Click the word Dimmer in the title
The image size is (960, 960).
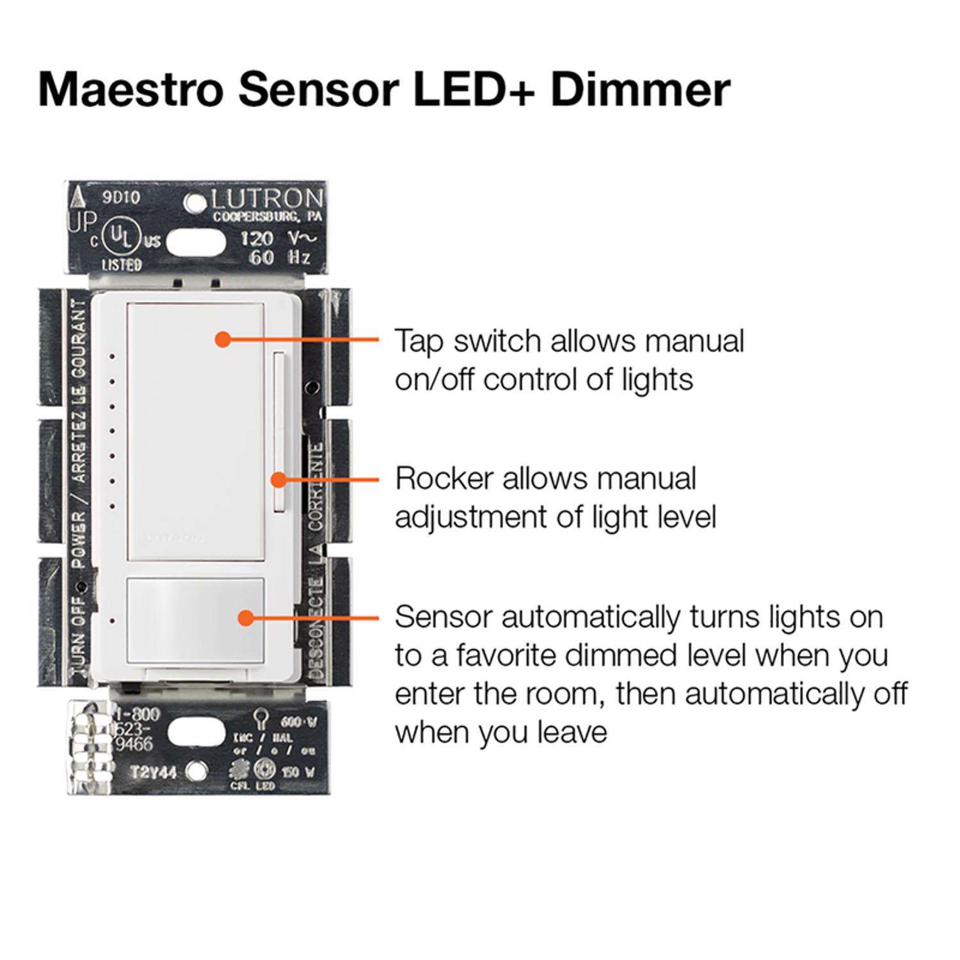(x=639, y=89)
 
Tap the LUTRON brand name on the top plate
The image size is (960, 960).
(x=267, y=199)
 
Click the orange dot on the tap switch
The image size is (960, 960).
(x=222, y=339)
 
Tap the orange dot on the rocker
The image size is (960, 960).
(x=278, y=479)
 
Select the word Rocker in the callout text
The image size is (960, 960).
(x=444, y=479)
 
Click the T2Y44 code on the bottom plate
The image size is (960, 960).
(x=154, y=772)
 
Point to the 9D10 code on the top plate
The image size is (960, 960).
(x=121, y=198)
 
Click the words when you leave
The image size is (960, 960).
(x=500, y=732)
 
